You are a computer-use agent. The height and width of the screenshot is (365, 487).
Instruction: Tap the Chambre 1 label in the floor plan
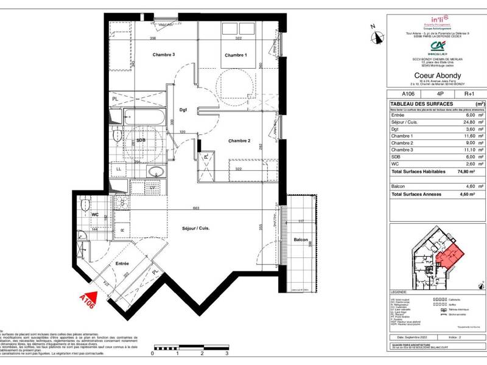pyautogui.click(x=236, y=55)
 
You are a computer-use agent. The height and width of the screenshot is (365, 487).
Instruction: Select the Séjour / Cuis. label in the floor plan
pyautogui.click(x=195, y=228)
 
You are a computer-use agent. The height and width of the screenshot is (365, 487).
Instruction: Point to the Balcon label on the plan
pyautogui.click(x=299, y=240)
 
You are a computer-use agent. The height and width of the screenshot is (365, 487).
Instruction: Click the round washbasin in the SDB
pyautogui.click(x=155, y=172)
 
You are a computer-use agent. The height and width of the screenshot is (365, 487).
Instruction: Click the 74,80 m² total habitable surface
pyautogui.click(x=464, y=172)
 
